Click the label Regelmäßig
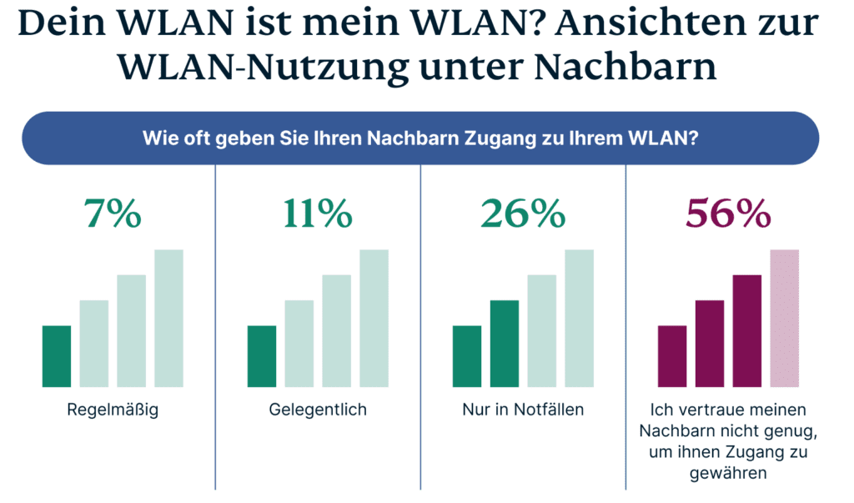point(113,410)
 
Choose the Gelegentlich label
point(318,410)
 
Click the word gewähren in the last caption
point(728,473)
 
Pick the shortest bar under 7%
point(56,356)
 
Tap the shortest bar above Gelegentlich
point(261,356)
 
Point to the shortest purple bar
point(672,356)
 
